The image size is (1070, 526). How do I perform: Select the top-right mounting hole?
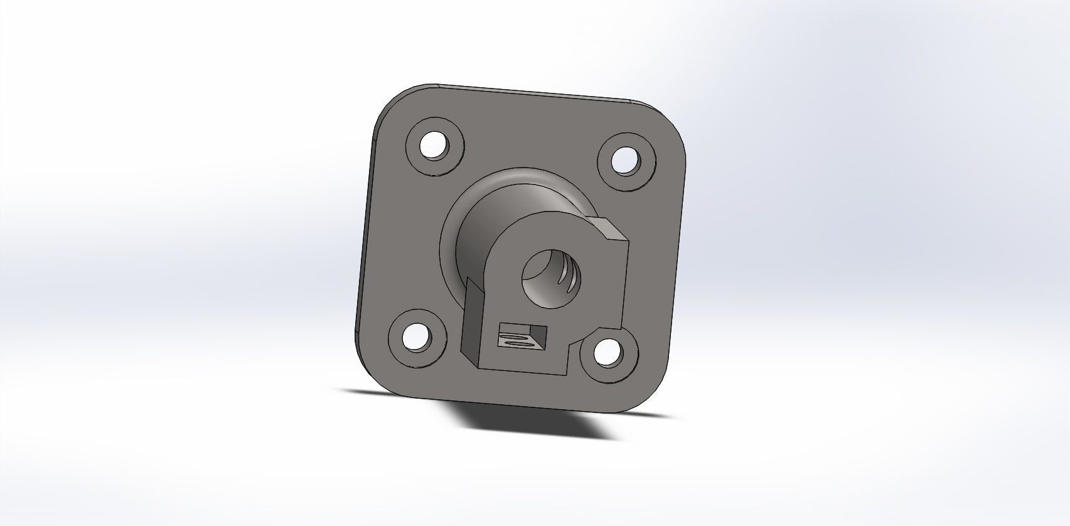pos(624,160)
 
